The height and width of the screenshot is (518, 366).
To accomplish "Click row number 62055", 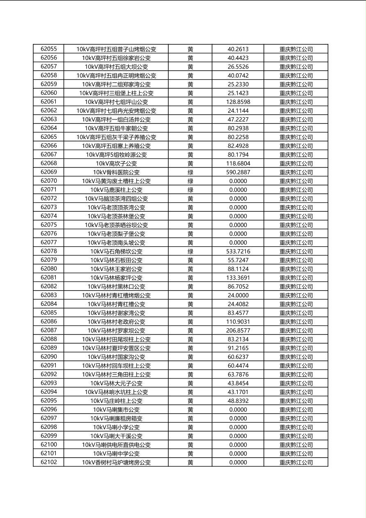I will point(49,49).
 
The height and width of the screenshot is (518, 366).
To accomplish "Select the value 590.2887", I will point(238,172).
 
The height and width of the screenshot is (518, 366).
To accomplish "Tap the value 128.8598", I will point(238,102).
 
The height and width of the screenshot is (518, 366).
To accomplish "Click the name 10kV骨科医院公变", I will point(116,172).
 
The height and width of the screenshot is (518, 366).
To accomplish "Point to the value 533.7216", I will point(238,251).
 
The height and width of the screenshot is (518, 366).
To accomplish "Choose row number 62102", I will point(49,462).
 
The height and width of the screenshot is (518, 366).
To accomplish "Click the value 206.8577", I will point(238,330).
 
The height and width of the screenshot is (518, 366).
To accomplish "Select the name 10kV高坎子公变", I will point(116,163).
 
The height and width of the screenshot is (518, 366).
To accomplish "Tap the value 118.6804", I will point(238,163).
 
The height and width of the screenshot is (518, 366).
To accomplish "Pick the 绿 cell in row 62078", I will point(190,251).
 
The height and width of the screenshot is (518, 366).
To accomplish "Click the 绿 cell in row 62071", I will point(190,190).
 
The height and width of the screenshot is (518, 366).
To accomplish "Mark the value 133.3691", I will point(238,277).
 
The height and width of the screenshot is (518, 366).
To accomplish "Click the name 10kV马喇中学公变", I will point(116,454).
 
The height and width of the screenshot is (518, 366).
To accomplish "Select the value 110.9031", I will point(238,321).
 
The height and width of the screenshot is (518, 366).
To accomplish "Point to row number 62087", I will point(49,330).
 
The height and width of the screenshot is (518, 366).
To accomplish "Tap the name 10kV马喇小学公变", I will point(116,427).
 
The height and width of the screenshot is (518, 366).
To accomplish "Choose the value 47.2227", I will point(238,119).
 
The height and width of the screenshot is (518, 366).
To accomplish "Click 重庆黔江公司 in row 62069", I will point(296,172).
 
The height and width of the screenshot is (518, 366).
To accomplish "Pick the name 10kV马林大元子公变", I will point(116,383).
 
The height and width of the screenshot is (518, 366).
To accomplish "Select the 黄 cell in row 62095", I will point(190,401).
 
